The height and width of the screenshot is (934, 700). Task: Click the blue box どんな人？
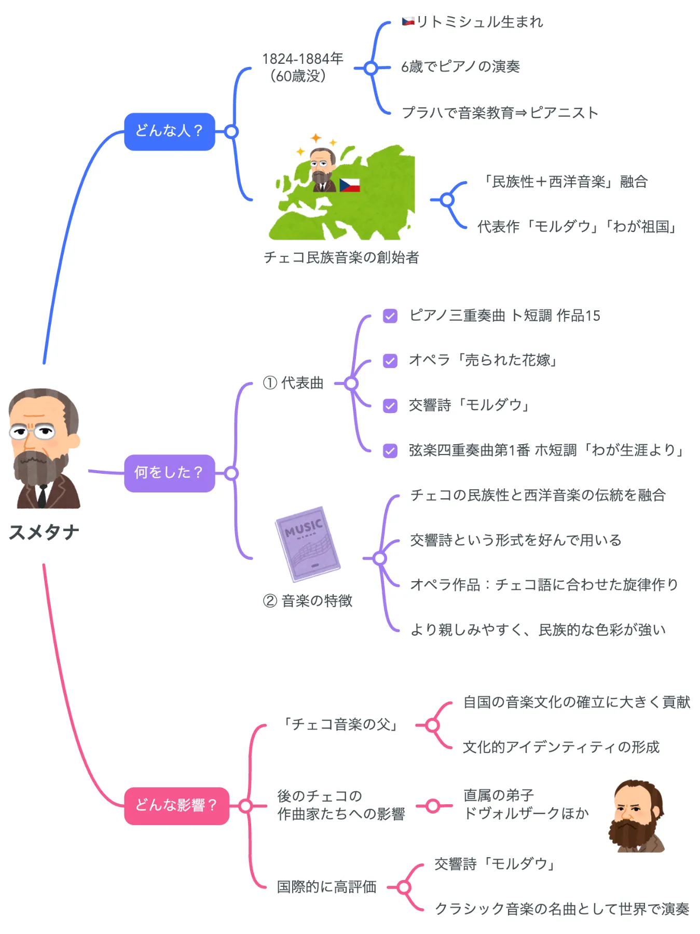(169, 131)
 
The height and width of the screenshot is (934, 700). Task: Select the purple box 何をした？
(169, 473)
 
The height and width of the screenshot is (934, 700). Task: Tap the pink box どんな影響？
(176, 805)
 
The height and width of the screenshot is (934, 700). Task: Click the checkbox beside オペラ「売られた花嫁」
(390, 361)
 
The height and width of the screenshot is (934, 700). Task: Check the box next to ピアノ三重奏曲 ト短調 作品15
(390, 316)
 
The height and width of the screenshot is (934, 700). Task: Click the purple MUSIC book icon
(307, 543)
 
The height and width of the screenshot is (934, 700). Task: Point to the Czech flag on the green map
(349, 185)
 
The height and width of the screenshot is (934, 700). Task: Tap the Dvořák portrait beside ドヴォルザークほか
(636, 815)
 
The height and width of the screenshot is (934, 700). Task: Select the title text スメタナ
(44, 532)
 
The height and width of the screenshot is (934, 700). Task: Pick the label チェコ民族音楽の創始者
(341, 257)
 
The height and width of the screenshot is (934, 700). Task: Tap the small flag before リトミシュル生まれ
(408, 22)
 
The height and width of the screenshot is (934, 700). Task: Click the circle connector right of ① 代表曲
(351, 383)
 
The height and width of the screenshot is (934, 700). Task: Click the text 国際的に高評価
(326, 887)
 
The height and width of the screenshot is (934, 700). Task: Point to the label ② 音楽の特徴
(308, 601)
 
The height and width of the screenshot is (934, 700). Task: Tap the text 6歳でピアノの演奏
(460, 67)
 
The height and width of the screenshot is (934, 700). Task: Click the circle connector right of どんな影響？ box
(246, 805)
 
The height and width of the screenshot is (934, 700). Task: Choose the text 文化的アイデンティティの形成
(561, 747)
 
